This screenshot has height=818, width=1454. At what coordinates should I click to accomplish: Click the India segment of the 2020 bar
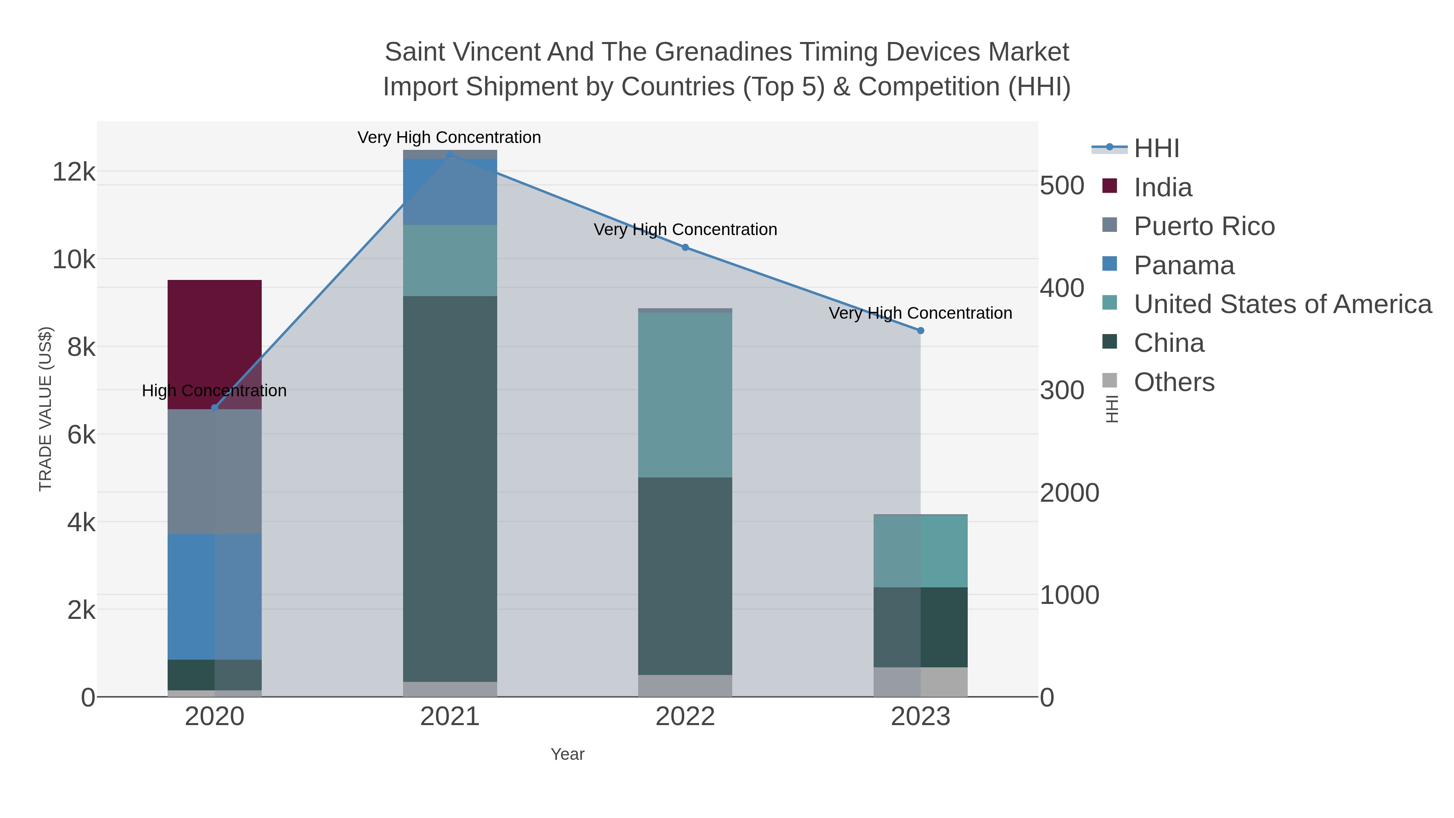coord(214,344)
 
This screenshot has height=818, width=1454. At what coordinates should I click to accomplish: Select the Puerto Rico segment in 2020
coord(214,471)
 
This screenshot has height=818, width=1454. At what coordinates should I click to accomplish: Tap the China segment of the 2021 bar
coord(450,488)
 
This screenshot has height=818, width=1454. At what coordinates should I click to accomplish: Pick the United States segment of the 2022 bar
coord(685,395)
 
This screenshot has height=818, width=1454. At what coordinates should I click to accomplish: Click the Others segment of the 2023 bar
coord(920,682)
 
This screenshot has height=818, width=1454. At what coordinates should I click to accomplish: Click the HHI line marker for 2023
coord(920,331)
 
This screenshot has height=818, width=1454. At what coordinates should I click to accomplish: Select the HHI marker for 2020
coord(214,408)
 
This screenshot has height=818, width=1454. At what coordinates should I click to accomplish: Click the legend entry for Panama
coord(1184,265)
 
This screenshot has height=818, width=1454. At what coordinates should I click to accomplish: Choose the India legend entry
coord(1163,187)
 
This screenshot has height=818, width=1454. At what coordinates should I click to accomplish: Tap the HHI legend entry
coord(1156,149)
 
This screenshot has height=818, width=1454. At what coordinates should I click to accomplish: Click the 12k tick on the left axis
coord(74,172)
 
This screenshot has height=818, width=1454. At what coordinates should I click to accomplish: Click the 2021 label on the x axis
coord(450,717)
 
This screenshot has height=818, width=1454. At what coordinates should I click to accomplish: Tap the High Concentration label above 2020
coord(214,391)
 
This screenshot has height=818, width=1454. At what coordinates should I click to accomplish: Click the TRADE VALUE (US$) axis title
coord(45,409)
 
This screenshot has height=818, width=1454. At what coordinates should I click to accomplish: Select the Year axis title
coord(567,754)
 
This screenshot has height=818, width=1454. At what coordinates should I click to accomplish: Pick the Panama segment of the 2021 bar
coord(450,191)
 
